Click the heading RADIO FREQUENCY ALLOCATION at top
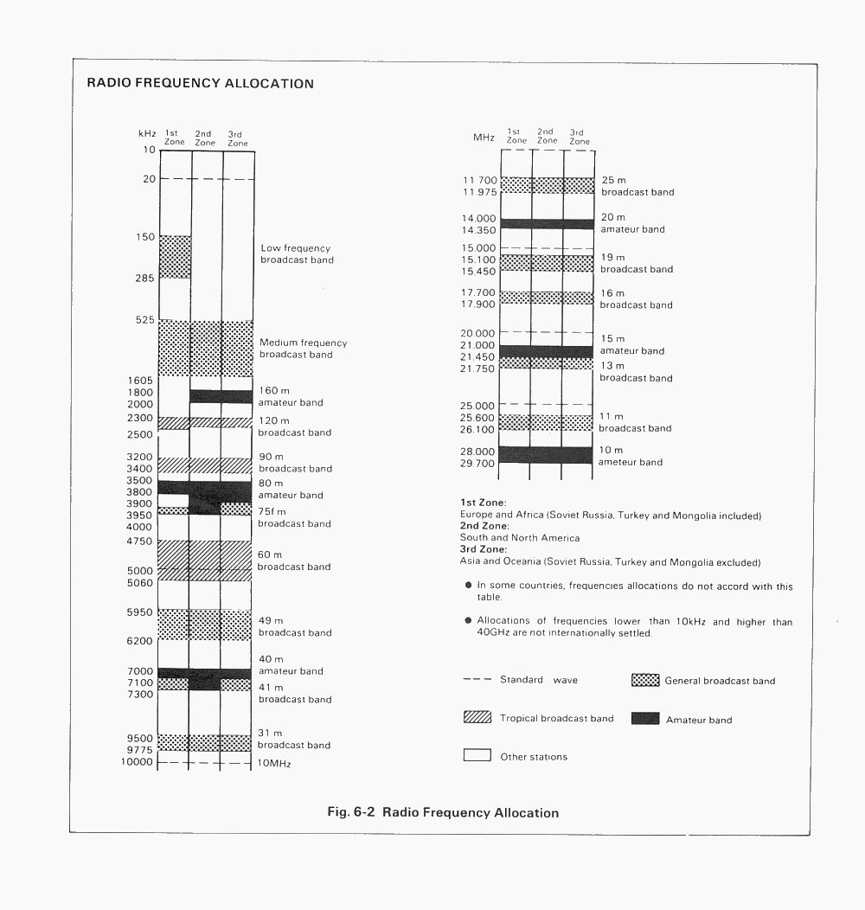200,84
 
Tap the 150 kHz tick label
145,237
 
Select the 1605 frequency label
140,381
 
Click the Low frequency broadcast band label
297,254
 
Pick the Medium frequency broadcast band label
303,349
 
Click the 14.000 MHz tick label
478,219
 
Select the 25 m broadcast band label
637,186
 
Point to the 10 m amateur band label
631,456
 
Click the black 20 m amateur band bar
547,224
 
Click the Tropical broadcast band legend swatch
477,717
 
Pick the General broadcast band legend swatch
645,680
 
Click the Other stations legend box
477,755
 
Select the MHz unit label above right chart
483,138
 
